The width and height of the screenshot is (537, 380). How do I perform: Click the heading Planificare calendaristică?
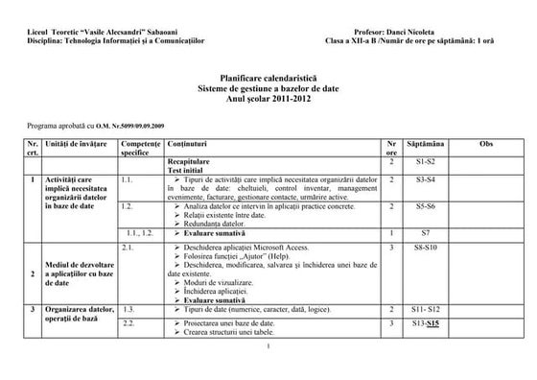click(268, 76)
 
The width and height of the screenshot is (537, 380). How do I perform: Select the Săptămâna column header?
click(426, 142)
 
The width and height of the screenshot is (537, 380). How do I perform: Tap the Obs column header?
click(485, 142)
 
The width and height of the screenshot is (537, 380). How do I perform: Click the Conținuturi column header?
click(187, 142)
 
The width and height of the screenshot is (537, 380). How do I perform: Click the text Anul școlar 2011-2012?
click(268, 97)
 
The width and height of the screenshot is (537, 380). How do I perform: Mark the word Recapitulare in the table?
click(192, 162)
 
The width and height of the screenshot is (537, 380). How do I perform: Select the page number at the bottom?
click(269, 346)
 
